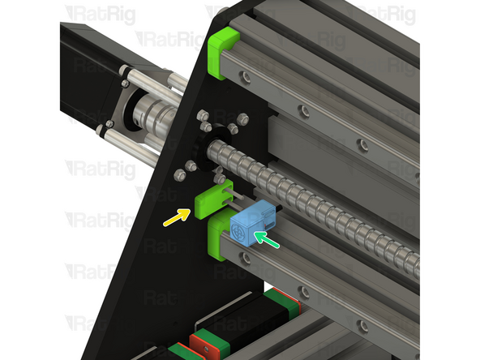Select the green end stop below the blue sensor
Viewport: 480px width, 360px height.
220,240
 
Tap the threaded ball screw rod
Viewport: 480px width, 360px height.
324,211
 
